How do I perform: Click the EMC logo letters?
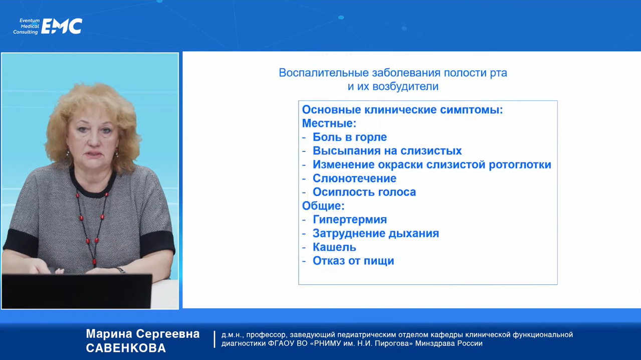(62, 26)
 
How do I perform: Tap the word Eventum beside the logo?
(30, 21)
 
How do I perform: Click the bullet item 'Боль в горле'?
(349, 137)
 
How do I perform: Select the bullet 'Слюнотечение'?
(354, 178)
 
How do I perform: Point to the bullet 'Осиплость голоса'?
(364, 192)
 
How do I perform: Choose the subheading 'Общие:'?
(323, 206)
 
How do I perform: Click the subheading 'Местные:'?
(329, 123)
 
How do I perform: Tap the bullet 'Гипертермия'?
(350, 220)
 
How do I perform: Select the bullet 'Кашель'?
(334, 247)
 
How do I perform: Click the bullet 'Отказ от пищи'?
(353, 261)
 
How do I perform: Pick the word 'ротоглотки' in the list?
(520, 164)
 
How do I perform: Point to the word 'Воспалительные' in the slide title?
(324, 73)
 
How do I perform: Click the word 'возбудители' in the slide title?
(405, 86)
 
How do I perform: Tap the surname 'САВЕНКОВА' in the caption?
(126, 348)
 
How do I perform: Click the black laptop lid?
(77, 291)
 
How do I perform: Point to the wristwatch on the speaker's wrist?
(121, 270)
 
